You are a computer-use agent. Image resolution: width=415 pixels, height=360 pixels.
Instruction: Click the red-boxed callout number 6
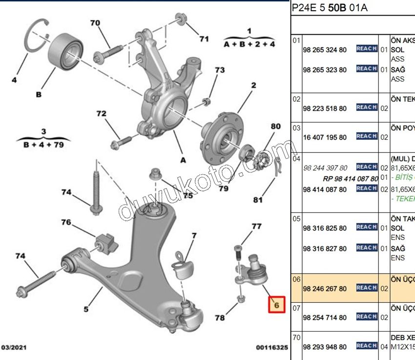point(276,305)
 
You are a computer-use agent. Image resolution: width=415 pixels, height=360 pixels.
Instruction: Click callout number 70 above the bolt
point(95,23)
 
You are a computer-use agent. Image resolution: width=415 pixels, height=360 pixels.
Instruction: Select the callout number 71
point(204,39)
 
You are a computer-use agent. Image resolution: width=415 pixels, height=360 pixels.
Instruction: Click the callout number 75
point(187,196)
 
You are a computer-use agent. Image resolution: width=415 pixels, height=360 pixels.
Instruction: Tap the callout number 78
point(220,318)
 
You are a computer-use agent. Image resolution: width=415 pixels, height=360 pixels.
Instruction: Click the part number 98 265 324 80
point(325,50)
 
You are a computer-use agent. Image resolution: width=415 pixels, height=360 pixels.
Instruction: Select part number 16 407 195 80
point(325,137)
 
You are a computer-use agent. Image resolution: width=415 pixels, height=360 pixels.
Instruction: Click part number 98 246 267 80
point(325,289)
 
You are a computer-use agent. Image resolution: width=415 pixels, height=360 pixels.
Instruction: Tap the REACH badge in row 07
point(366,317)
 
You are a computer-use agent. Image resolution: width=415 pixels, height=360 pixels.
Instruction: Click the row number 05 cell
point(296,219)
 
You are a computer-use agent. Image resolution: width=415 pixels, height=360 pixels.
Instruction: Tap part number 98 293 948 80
point(325,347)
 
